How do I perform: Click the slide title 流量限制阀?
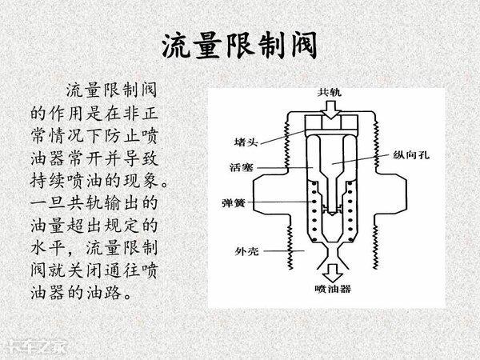[x=241, y=46]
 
